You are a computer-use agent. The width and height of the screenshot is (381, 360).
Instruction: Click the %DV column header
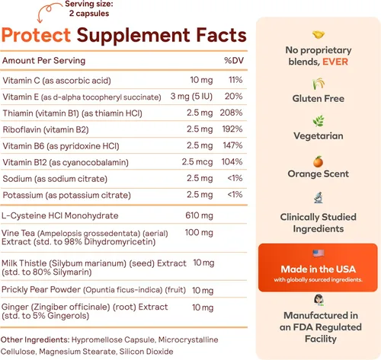tap(232, 60)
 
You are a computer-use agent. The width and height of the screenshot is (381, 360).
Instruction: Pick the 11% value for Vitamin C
tap(235, 80)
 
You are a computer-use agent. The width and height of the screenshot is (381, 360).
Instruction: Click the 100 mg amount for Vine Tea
tap(200, 231)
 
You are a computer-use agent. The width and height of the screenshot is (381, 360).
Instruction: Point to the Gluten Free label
tap(318, 99)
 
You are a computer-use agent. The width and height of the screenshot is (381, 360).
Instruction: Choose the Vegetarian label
tap(318, 136)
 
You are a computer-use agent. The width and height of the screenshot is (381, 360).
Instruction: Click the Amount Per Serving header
tap(43, 60)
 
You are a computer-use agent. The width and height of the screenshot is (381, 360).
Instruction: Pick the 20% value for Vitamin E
tap(234, 95)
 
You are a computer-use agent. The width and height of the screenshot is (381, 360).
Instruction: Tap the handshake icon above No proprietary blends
tap(318, 34)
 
